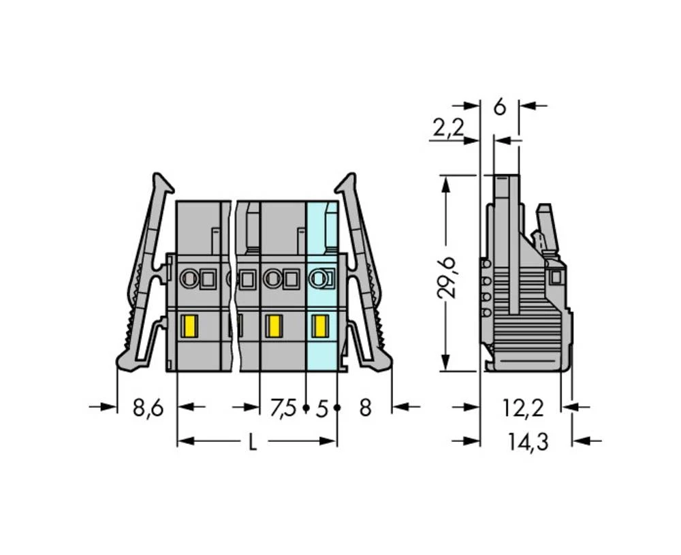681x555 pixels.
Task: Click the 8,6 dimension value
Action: (148, 408)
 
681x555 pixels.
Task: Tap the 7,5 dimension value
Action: (283, 408)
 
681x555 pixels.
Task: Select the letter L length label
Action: (252, 442)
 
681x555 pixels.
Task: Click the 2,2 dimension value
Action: (448, 127)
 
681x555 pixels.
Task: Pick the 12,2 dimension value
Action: (522, 408)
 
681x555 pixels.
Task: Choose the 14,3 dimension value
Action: (528, 442)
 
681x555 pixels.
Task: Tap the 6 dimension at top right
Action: (500, 107)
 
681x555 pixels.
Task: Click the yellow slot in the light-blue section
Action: (320, 326)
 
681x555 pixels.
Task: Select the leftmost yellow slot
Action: (191, 326)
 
